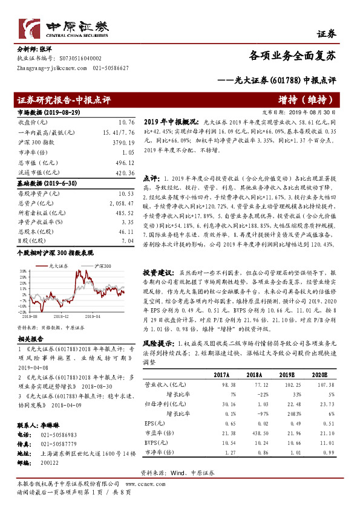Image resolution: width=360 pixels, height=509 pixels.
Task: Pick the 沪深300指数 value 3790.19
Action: pyautogui.click(x=123, y=142)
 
